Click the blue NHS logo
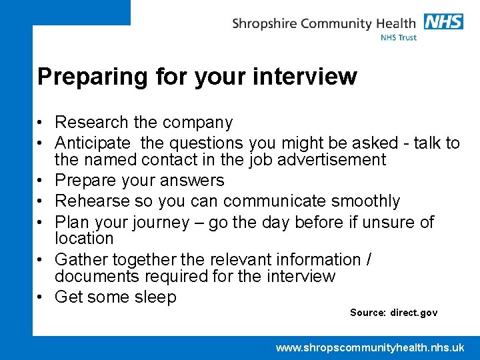coord(443,21)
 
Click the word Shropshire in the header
coord(264,25)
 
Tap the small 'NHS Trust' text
coord(398,38)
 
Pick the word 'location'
coord(84,239)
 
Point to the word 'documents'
coord(97,276)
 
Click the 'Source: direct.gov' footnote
coord(393,313)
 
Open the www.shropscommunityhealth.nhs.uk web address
coord(370,347)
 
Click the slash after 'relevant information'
coord(369,259)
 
